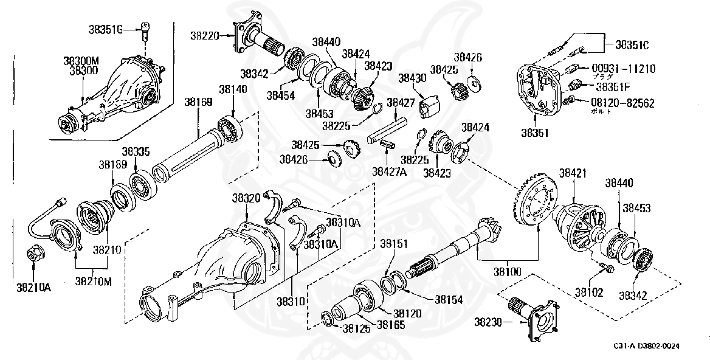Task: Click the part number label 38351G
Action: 106,28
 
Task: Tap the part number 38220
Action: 207,36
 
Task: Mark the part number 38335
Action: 136,151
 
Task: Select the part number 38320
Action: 246,198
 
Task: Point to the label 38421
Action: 573,173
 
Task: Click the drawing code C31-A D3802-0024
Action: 646,346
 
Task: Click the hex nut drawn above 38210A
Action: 33,253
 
